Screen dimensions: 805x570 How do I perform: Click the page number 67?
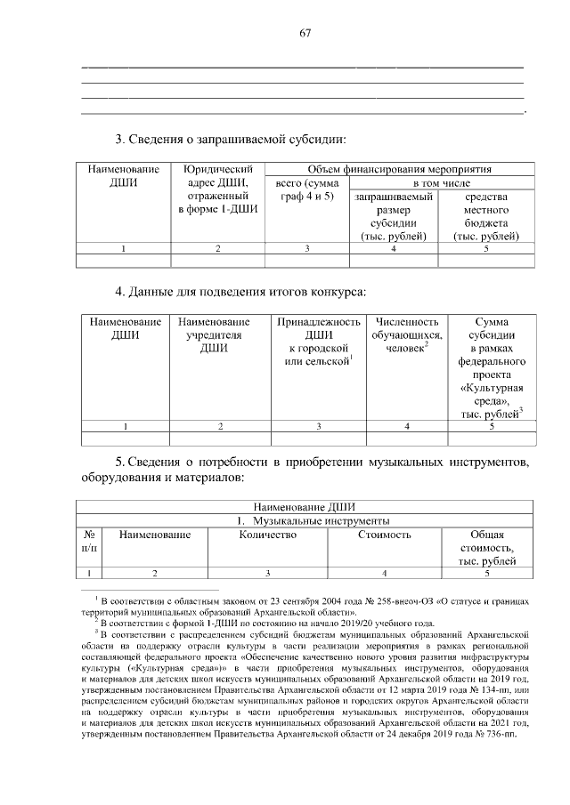pyautogui.click(x=305, y=33)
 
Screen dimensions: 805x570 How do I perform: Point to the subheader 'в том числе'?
pyautogui.click(x=438, y=182)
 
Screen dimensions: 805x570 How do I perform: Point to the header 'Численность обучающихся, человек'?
pyautogui.click(x=407, y=335)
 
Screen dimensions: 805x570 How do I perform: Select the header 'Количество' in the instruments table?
pyautogui.click(x=267, y=535)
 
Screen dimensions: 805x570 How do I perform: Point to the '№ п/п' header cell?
pyautogui.click(x=88, y=542)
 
